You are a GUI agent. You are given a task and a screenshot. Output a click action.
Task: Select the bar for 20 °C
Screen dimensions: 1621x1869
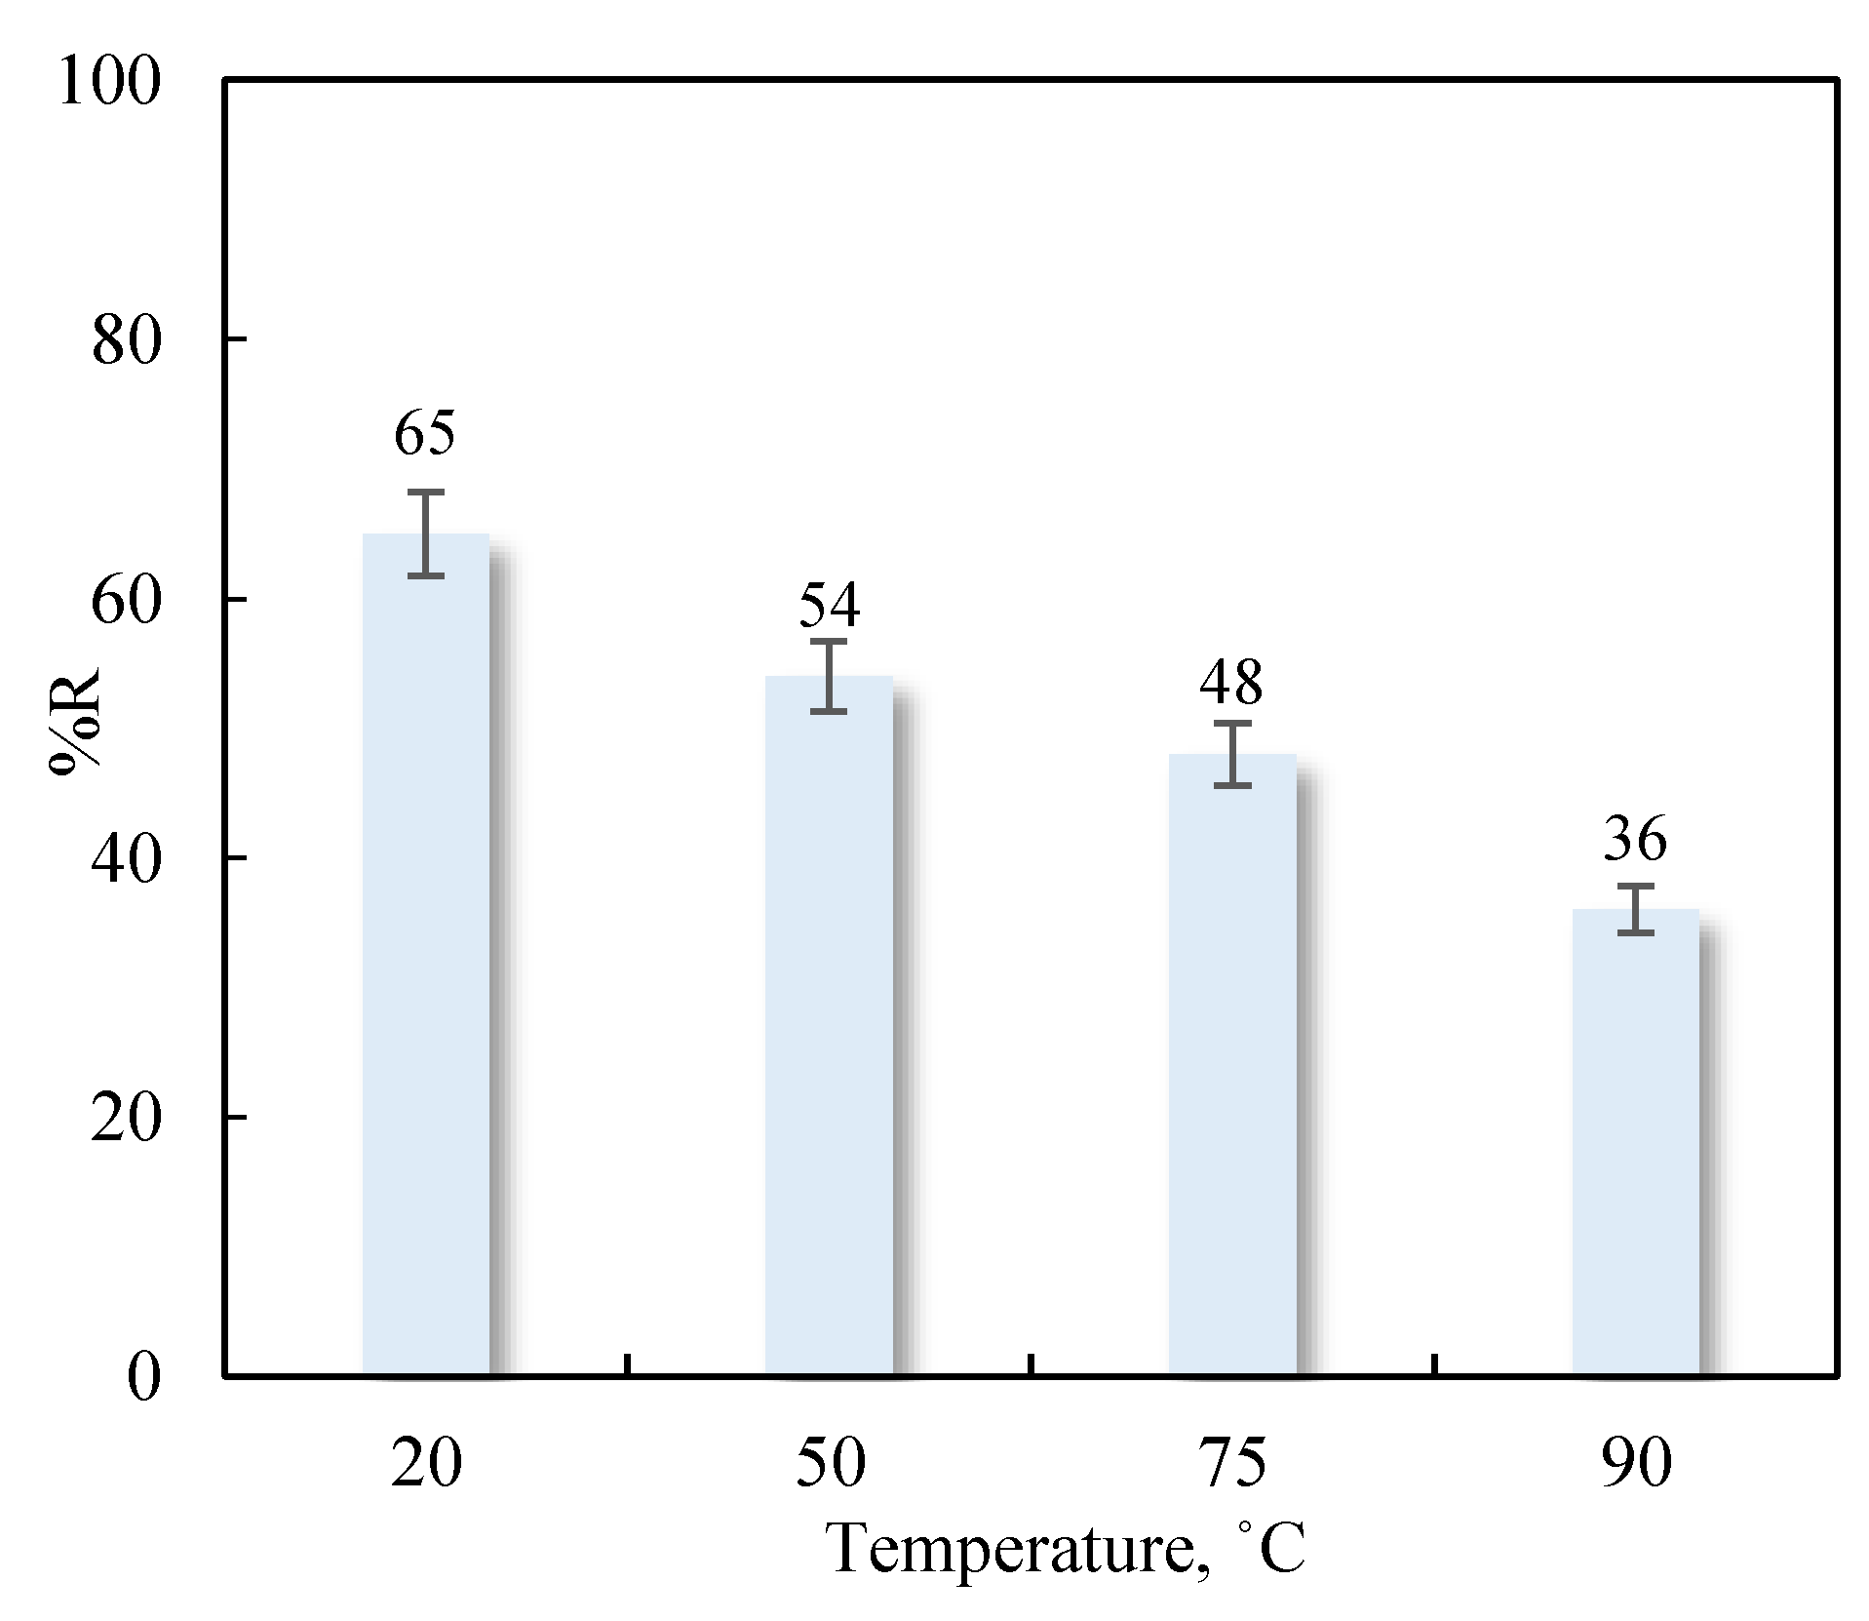tap(425, 956)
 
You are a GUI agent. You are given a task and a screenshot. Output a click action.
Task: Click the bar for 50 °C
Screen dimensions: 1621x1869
tap(829, 1024)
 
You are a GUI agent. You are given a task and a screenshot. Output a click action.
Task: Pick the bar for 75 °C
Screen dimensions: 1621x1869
tap(1232, 1063)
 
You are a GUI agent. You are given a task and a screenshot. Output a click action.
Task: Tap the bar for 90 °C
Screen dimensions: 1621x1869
tap(1635, 1141)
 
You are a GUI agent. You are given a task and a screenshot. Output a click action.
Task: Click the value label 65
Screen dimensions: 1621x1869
tap(425, 433)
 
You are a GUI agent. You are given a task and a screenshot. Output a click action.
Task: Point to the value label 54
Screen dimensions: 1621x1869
tap(830, 605)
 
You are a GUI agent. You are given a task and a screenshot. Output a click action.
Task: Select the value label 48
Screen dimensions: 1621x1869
tap(1231, 683)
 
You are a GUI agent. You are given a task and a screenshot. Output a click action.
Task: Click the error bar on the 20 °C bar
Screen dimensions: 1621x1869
tap(426, 534)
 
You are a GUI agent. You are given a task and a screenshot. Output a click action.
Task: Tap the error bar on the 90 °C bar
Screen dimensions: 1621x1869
tap(1636, 909)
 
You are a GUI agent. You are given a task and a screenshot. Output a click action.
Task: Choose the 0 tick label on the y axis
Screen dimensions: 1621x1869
tap(143, 1377)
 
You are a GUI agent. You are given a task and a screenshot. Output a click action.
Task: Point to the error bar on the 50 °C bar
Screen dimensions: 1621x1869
tap(830, 677)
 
